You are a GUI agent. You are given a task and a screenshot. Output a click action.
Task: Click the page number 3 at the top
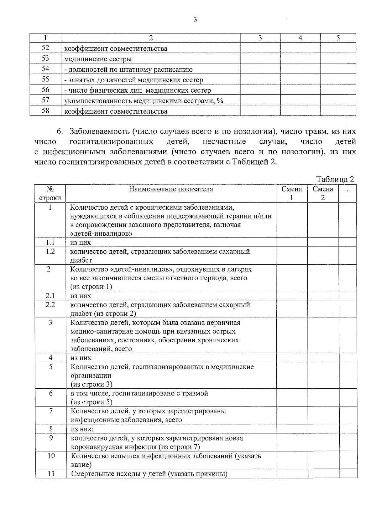click(x=195, y=20)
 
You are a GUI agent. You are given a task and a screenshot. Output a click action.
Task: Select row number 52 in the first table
click(x=45, y=48)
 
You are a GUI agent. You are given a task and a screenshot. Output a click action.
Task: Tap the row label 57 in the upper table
click(x=45, y=100)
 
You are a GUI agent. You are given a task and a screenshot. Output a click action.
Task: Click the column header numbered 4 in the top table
click(x=300, y=38)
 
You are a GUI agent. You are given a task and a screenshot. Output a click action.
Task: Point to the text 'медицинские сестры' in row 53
click(x=98, y=59)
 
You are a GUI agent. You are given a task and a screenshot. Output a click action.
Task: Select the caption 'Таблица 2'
click(x=335, y=180)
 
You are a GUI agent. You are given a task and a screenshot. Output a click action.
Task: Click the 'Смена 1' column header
click(x=292, y=193)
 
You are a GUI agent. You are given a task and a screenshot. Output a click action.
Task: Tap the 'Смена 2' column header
click(x=323, y=193)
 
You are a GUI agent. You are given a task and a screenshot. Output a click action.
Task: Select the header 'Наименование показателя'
click(x=171, y=189)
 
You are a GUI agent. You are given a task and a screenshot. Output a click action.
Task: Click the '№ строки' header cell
click(x=50, y=193)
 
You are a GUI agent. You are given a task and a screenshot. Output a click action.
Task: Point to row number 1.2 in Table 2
click(x=50, y=251)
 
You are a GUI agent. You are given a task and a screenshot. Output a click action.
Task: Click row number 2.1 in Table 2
click(x=50, y=296)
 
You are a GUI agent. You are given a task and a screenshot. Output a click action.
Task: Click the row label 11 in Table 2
click(x=51, y=473)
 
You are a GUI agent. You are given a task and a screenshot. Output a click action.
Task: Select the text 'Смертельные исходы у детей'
click(x=118, y=474)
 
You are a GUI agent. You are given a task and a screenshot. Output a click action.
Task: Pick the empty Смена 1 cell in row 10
click(x=292, y=460)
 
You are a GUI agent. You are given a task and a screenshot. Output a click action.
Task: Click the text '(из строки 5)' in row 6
click(x=91, y=402)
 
